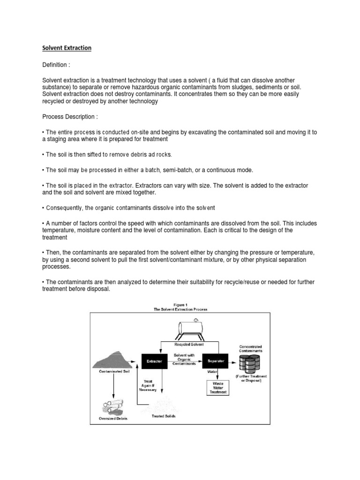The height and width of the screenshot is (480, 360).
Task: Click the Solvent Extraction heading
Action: click(x=67, y=48)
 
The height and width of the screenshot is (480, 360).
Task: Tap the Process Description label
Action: click(x=70, y=117)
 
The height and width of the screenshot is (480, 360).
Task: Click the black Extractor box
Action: click(x=154, y=361)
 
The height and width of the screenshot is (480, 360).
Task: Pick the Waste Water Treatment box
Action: click(x=218, y=387)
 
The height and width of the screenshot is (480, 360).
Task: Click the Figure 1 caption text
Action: click(x=180, y=307)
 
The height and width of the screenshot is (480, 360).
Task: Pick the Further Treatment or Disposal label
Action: click(x=251, y=379)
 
